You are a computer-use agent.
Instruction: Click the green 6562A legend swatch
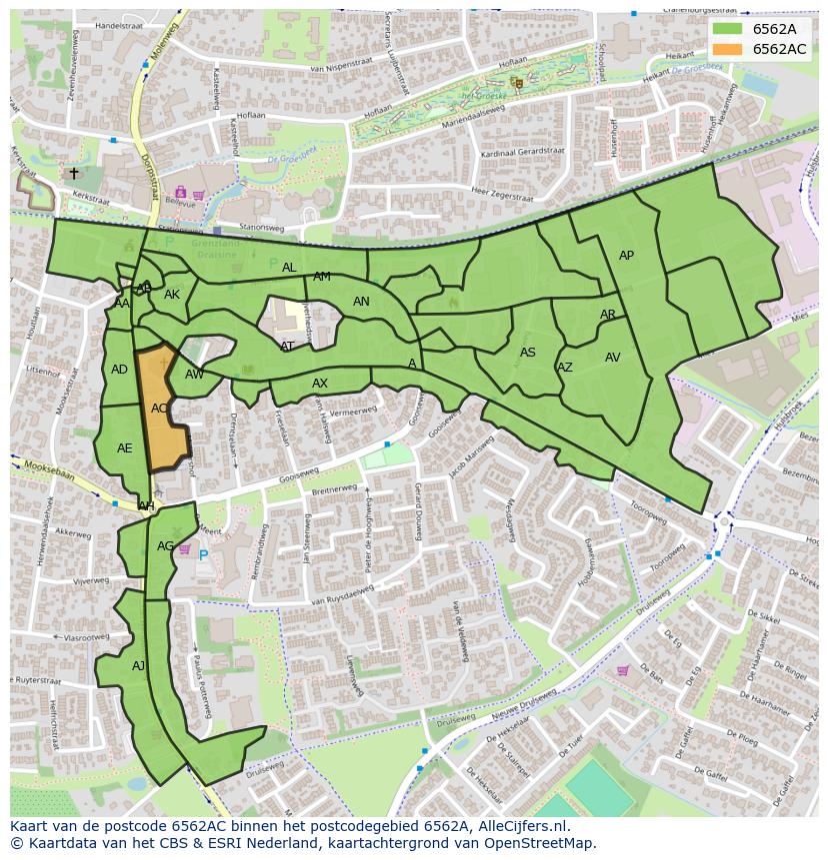727,29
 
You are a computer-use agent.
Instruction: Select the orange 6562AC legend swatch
727,49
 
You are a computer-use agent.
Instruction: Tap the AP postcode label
626,256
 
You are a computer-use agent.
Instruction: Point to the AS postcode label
528,353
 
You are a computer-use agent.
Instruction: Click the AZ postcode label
565,368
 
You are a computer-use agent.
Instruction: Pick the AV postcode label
612,358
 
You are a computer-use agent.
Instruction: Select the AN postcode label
361,302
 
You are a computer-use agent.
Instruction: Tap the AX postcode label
320,384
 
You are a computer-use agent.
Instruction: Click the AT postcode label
288,347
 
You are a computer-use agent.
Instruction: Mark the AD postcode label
119,370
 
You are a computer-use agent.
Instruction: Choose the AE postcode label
124,448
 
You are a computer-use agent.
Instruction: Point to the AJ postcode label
138,666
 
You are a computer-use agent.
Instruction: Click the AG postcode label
165,546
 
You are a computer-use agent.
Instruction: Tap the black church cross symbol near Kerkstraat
73,174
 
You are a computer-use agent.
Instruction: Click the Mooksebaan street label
49,466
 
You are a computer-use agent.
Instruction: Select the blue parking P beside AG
203,555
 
